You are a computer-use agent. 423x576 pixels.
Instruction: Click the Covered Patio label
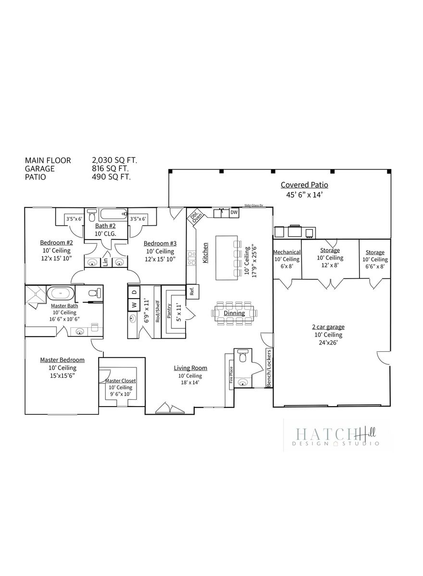click(304, 185)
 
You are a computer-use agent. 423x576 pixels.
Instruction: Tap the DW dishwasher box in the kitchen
click(234, 213)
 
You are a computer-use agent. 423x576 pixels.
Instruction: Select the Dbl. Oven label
click(196, 217)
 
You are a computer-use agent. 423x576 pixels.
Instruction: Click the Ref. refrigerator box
click(192, 292)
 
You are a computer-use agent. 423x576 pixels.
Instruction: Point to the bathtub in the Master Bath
click(61, 293)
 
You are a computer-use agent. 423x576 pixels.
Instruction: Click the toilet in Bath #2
click(91, 215)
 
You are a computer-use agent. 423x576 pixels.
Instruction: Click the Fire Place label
click(231, 375)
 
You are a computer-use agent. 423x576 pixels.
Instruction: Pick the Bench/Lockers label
click(269, 368)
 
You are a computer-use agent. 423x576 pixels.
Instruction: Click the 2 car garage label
click(328, 327)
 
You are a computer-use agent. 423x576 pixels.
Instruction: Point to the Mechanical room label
click(287, 252)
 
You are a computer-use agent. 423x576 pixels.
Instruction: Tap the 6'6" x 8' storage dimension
click(375, 267)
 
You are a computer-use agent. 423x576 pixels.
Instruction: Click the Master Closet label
click(121, 381)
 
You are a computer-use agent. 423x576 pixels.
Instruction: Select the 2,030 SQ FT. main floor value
click(114, 160)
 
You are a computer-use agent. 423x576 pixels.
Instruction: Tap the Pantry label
click(169, 311)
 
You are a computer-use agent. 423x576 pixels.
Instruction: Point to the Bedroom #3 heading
click(160, 243)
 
